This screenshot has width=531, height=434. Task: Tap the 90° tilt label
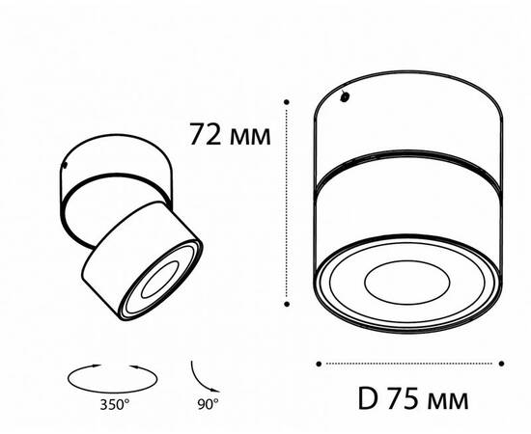click(209, 402)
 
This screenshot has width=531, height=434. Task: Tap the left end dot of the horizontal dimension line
click(321, 364)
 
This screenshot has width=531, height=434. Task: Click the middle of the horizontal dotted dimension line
click(410, 364)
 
